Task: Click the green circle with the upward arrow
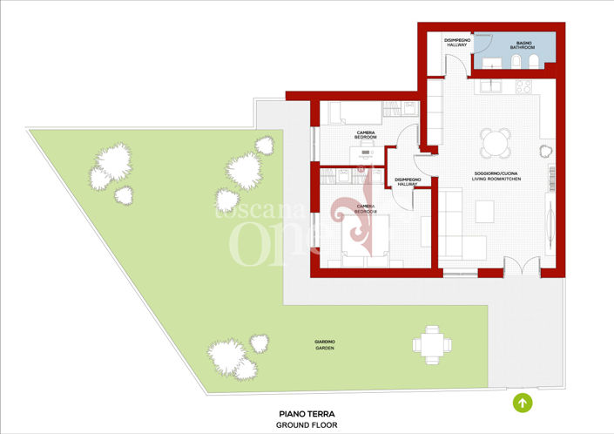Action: (523, 403)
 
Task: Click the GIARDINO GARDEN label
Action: (325, 344)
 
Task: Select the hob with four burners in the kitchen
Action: (524, 86)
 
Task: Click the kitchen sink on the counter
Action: (491, 86)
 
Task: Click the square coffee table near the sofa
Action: (484, 211)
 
